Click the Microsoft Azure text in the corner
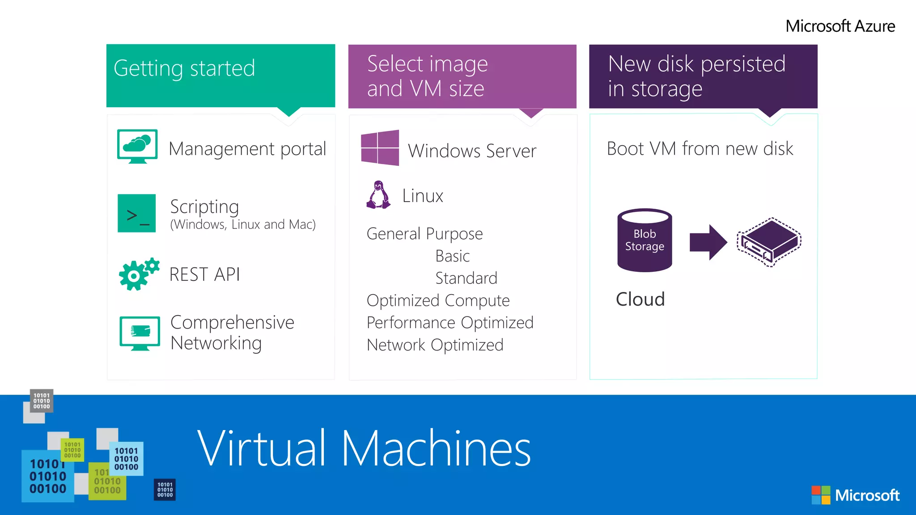[x=840, y=26]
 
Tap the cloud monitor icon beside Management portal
[x=137, y=146]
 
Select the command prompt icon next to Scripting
[x=137, y=213]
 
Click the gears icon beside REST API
[x=138, y=274]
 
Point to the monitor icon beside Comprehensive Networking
[x=140, y=333]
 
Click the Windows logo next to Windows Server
[x=380, y=148]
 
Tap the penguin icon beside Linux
[x=378, y=195]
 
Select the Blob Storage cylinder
[x=645, y=240]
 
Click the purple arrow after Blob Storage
[x=708, y=242]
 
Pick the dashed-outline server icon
[x=769, y=242]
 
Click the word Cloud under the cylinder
[x=640, y=299]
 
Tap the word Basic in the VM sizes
[x=452, y=256]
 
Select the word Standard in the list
[x=466, y=278]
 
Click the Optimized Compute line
[x=438, y=300]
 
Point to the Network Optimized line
[x=435, y=345]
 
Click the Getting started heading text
[x=184, y=68]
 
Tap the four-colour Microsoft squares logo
[x=821, y=495]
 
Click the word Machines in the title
[x=436, y=448]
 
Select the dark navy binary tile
[x=165, y=490]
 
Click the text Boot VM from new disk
[x=700, y=148]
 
